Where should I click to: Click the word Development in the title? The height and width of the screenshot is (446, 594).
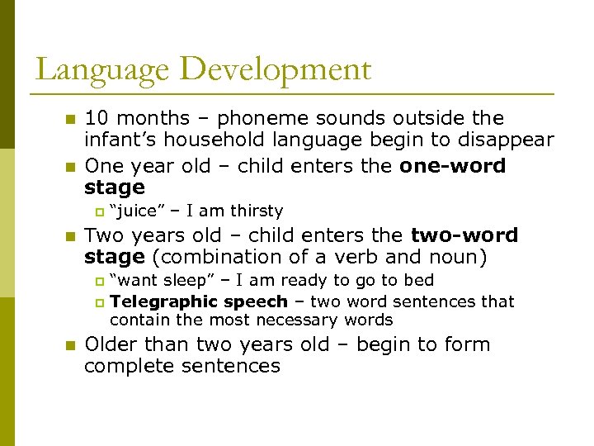pos(275,69)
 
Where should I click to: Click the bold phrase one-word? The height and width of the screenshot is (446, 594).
pos(453,165)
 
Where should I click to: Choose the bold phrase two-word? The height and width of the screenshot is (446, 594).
pos(464,235)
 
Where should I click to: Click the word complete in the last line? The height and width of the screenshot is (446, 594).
pos(127,366)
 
